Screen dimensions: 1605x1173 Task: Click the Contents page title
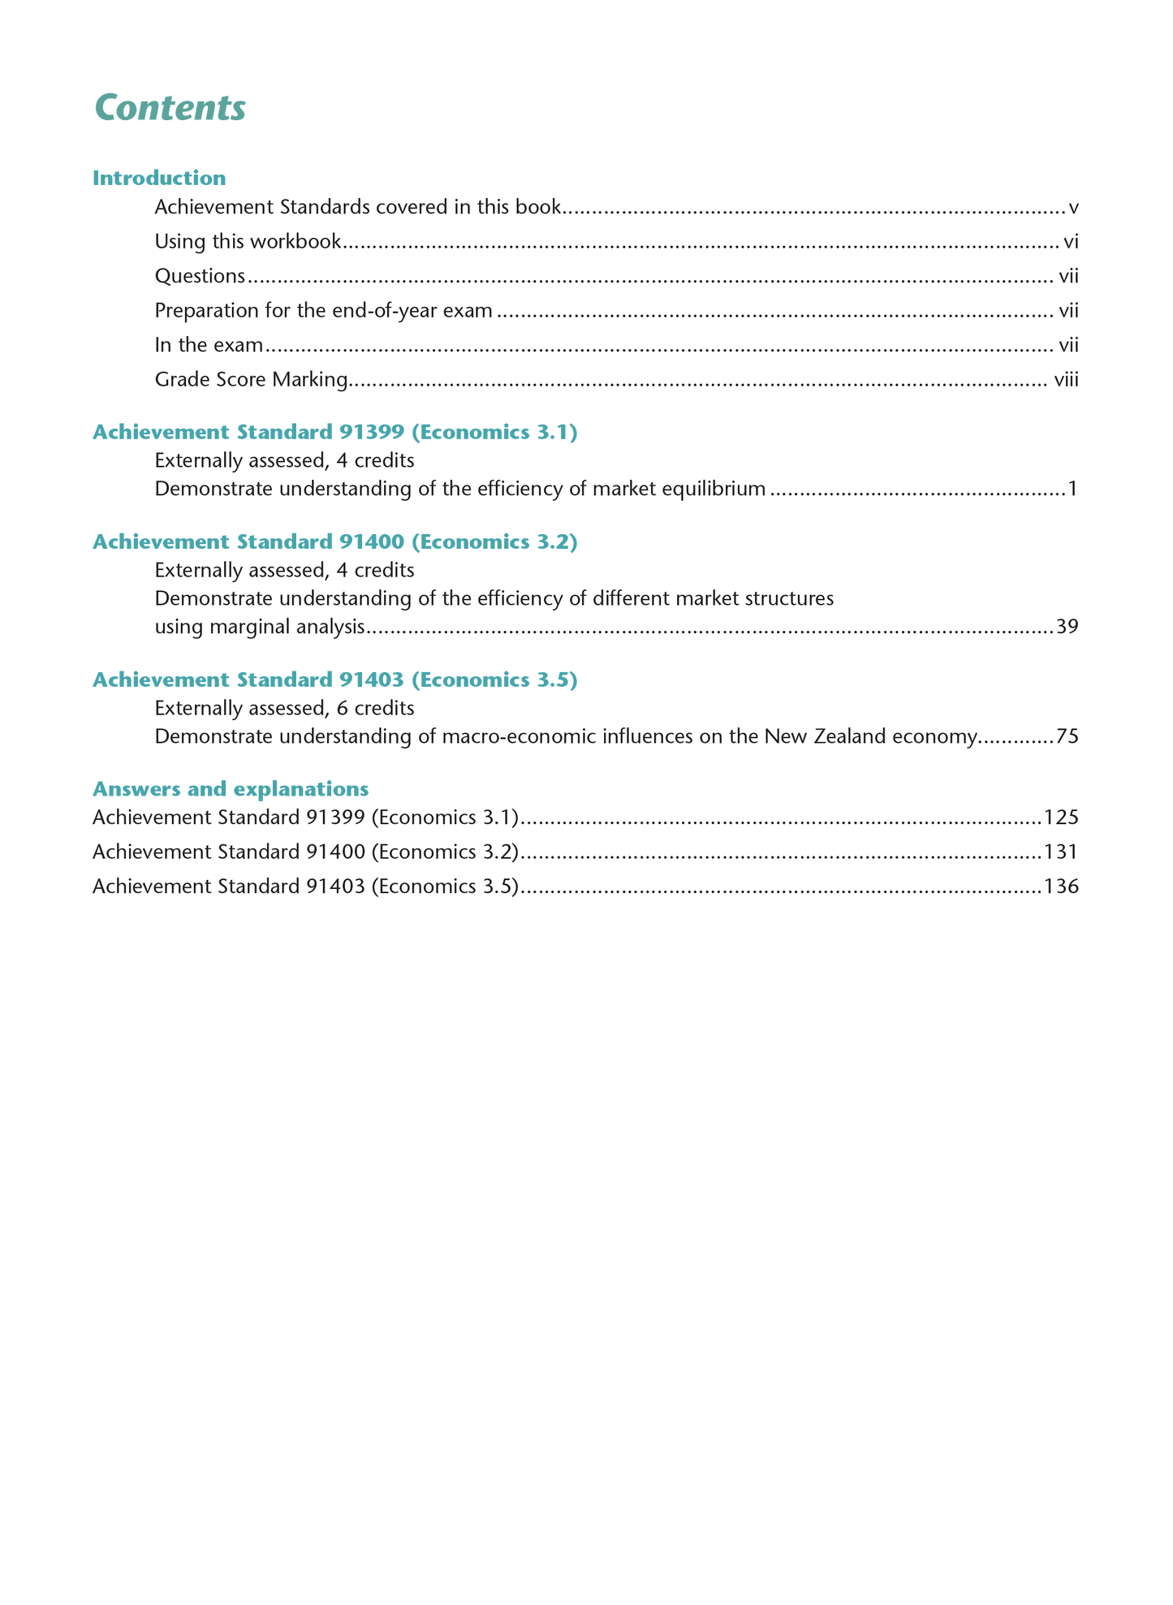tap(170, 108)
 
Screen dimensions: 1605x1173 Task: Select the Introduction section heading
tap(159, 178)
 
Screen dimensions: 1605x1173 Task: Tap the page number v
tap(1073, 208)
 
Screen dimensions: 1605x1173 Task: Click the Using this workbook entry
tap(248, 242)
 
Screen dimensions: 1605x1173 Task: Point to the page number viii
tap(1066, 380)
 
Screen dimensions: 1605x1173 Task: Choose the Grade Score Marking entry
tap(251, 380)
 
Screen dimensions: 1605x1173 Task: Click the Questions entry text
tap(200, 277)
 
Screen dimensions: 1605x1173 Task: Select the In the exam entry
tap(209, 346)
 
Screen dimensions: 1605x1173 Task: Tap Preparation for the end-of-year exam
tap(323, 311)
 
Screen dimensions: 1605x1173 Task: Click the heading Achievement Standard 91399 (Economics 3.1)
tap(334, 433)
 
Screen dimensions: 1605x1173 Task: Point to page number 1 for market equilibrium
tap(1072, 490)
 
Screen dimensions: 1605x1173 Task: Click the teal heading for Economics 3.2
tap(334, 542)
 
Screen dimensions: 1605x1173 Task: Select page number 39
tap(1067, 628)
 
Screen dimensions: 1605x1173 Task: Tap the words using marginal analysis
tap(260, 628)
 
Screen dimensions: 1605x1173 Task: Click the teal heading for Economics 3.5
tap(334, 680)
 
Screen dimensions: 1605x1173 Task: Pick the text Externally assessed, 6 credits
tap(284, 709)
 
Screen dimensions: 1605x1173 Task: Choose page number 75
tap(1067, 737)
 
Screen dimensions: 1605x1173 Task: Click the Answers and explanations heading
tap(231, 789)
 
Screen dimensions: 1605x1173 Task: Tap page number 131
tap(1061, 852)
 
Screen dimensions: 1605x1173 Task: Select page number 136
tap(1061, 887)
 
